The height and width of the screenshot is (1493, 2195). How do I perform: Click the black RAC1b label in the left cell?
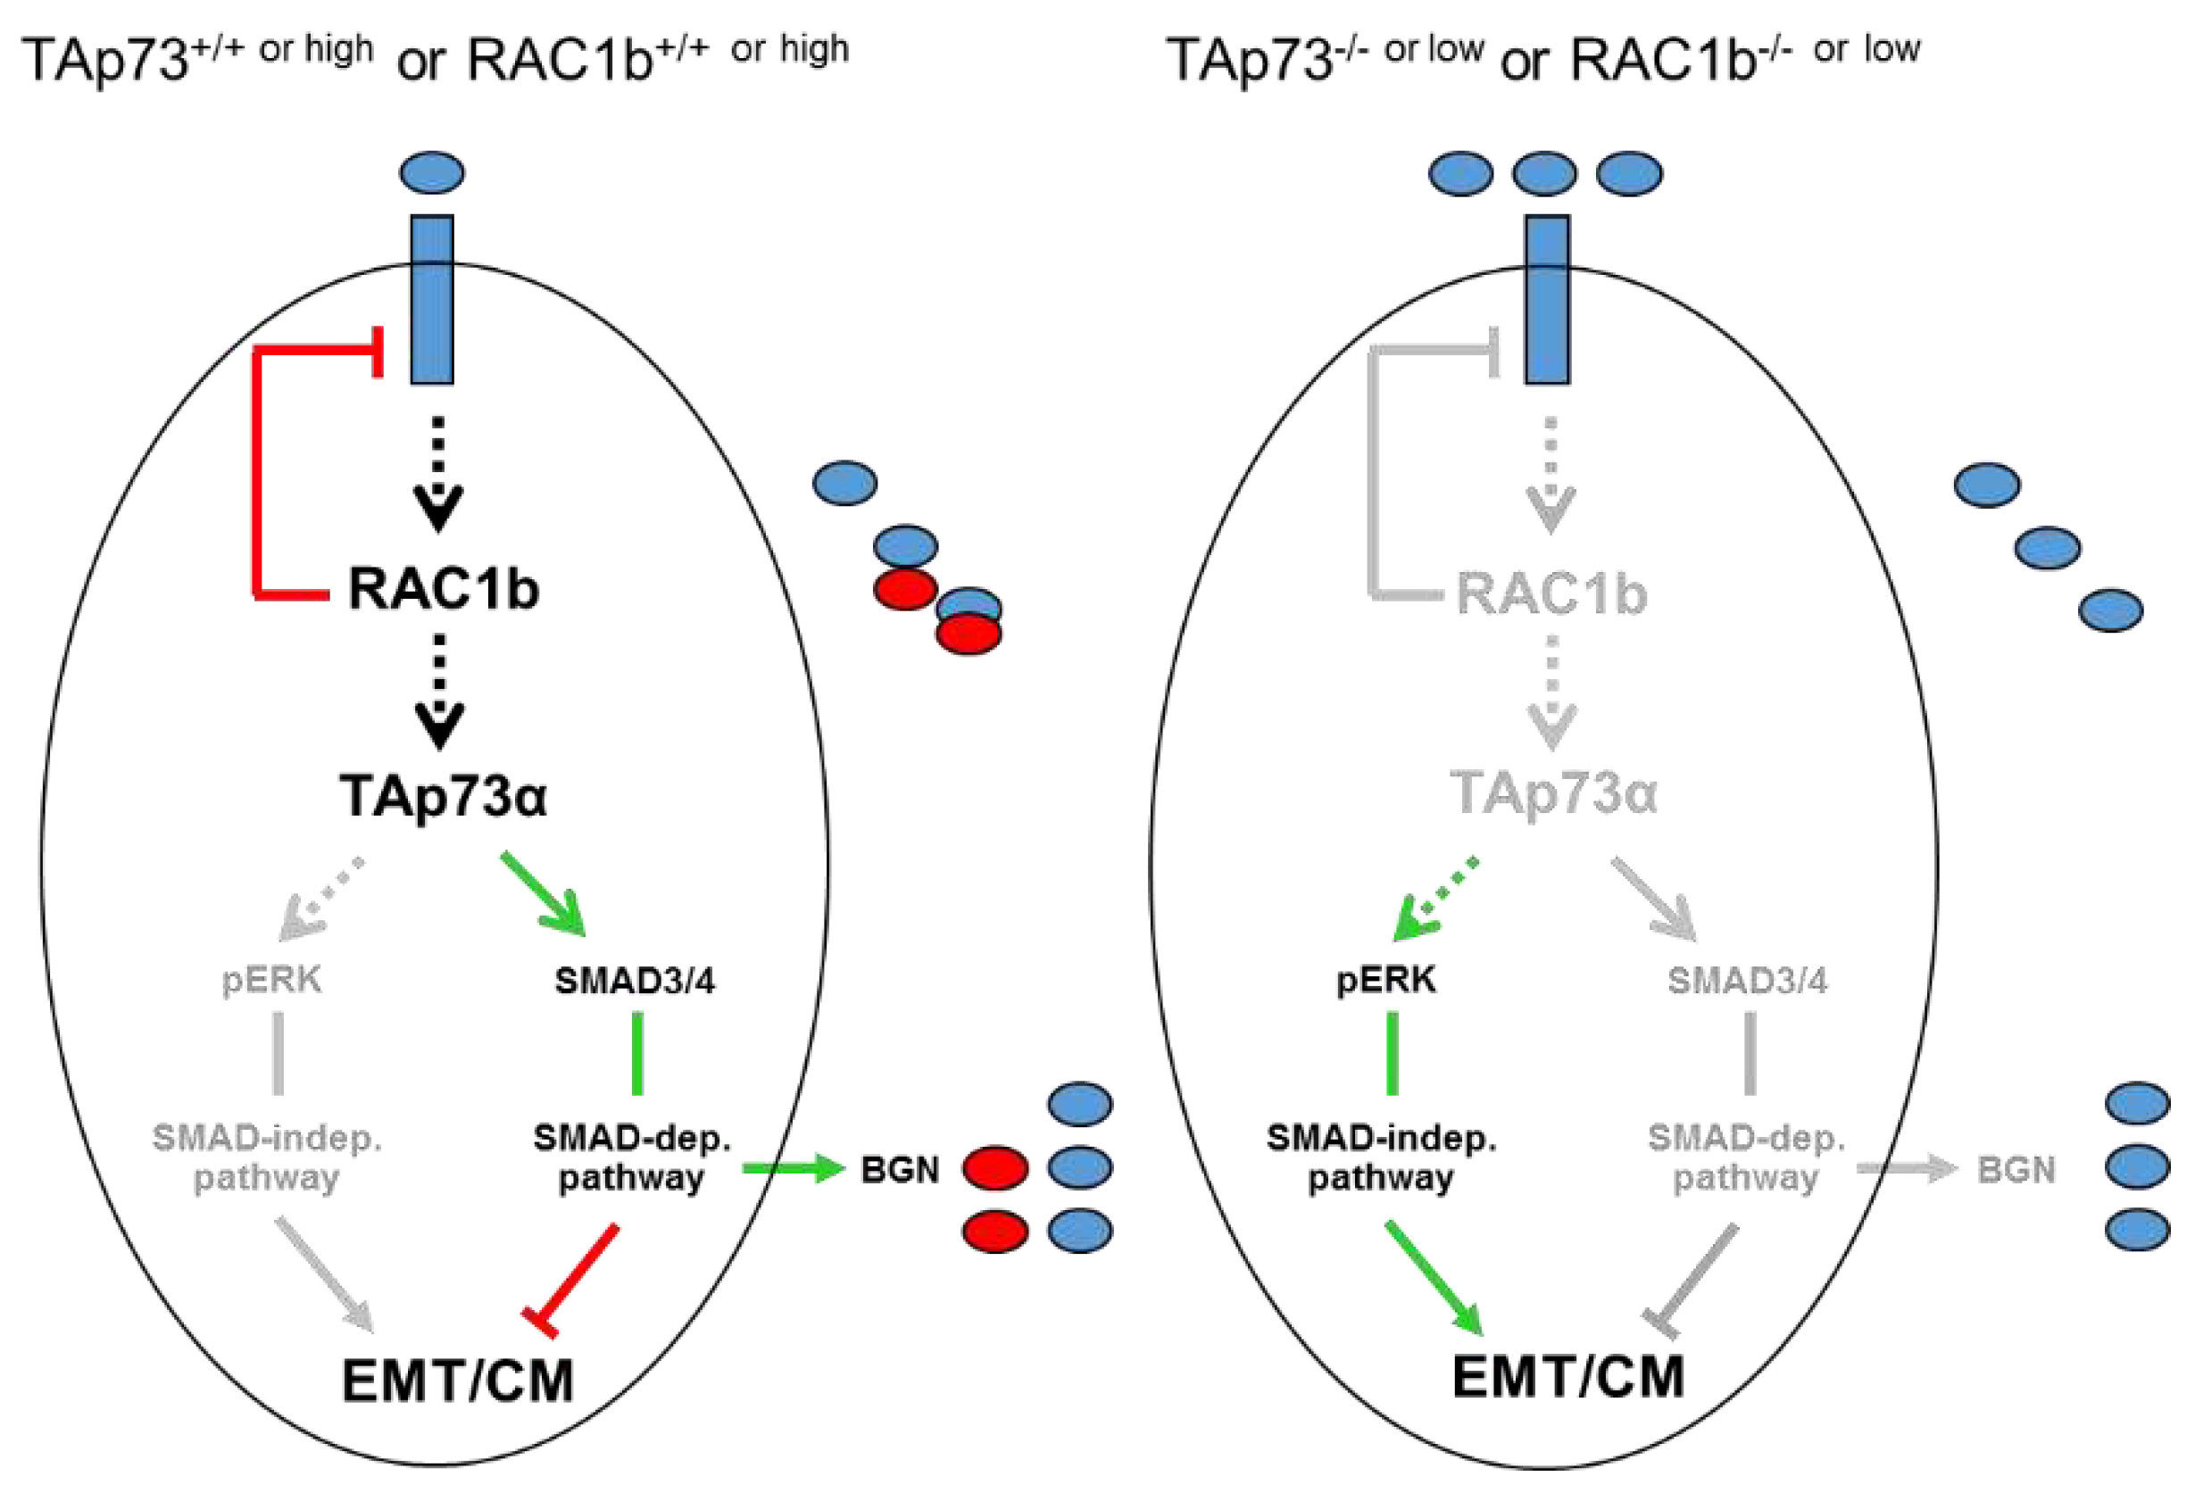443,588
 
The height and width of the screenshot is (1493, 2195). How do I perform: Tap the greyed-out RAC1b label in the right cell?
1551,593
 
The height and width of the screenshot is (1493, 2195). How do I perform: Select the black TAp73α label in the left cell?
443,795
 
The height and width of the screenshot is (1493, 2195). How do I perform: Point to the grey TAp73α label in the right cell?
1552,792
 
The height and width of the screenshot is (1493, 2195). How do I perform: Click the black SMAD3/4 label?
634,981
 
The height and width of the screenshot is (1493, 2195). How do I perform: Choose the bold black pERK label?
1385,980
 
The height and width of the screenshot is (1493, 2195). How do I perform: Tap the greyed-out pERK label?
271,980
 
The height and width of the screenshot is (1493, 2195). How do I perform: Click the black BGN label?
899,1170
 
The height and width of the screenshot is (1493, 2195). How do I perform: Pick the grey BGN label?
2016,1170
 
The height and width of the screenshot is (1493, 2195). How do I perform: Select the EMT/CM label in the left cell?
458,1381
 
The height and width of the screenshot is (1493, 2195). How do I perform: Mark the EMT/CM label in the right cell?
1567,1376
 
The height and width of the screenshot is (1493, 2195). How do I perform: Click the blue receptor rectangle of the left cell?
432,298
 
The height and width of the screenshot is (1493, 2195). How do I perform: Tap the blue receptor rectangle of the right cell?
1547,298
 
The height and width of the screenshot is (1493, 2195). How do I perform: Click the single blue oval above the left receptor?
432,173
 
